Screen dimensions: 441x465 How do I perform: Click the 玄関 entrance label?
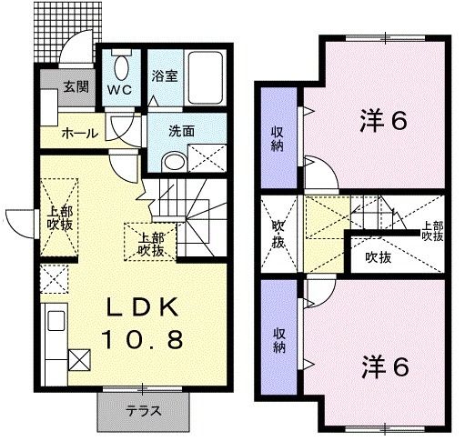point(75,89)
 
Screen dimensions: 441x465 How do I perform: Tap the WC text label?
point(122,90)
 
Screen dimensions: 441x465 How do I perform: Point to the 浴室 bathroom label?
point(165,75)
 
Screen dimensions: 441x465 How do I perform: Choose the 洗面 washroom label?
point(181,130)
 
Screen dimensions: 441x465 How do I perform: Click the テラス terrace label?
point(143,411)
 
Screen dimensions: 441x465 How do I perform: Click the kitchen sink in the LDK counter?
point(55,322)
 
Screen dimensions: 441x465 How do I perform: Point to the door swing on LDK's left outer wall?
point(20,221)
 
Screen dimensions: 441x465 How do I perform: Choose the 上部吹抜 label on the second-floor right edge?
point(432,231)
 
